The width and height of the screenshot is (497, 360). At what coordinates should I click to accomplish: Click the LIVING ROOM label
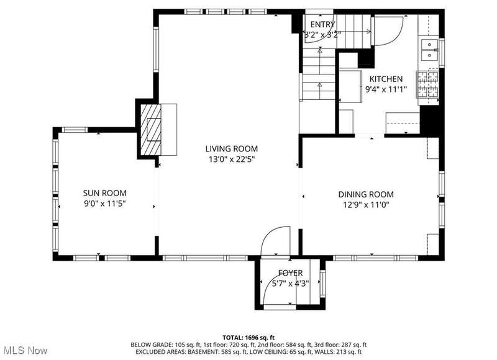coord(231,148)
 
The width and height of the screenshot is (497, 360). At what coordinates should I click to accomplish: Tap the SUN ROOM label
coord(104,193)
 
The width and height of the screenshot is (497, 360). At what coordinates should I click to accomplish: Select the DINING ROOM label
coord(366,194)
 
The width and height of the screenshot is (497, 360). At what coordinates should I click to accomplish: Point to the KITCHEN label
coord(386,79)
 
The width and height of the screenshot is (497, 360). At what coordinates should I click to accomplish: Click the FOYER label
coord(290,272)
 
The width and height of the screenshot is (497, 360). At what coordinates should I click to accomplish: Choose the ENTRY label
coord(322,24)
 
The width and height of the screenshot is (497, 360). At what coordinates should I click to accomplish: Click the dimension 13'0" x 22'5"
coord(232,159)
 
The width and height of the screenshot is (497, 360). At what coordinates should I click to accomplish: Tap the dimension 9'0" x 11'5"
coord(105,203)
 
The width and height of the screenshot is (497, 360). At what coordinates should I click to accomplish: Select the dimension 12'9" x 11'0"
coord(366,205)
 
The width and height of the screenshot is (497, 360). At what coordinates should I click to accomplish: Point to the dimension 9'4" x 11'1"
coord(386,89)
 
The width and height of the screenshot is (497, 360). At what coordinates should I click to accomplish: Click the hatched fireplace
coord(151,130)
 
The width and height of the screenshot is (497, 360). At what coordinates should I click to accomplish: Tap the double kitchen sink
coord(429,50)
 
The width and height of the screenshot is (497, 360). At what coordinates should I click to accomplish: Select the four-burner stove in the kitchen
coord(427,84)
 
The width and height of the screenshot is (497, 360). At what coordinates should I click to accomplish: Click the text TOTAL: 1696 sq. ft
coord(248,338)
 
